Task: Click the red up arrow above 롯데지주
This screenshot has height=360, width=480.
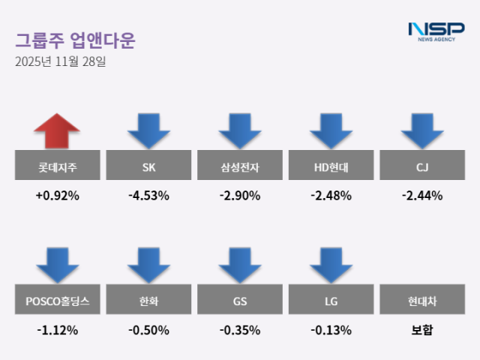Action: [x=56, y=130]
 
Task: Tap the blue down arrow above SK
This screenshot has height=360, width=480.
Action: [x=148, y=130]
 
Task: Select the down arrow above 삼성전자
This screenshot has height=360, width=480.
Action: [x=240, y=130]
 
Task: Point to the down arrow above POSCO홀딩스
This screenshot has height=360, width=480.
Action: [x=56, y=265]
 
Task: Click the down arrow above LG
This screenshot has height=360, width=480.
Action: [x=331, y=265]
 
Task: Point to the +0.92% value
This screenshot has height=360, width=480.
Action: [x=56, y=196]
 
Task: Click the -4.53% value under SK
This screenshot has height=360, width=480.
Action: [x=148, y=196]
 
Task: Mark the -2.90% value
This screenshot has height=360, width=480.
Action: [x=240, y=196]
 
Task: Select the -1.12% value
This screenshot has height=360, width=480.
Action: [x=56, y=330]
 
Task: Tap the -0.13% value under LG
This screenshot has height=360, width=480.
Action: [x=331, y=330]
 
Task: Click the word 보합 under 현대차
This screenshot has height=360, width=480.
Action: [x=422, y=330]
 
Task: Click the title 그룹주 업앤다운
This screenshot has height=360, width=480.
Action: [x=75, y=40]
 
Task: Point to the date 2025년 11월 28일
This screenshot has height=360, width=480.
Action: [x=60, y=61]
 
